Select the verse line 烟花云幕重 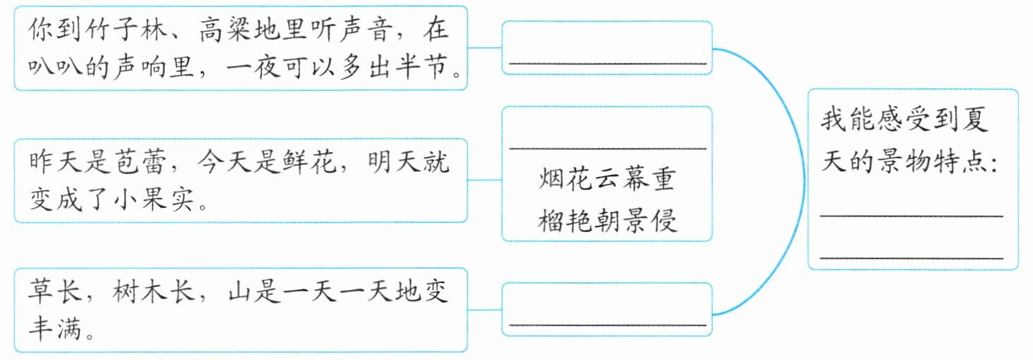[607, 179]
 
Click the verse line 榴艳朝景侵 [607, 221]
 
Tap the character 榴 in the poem [552, 221]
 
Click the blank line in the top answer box [607, 64]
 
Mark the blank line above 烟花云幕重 [607, 149]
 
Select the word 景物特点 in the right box [926, 163]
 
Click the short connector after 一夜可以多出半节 [484, 48]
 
